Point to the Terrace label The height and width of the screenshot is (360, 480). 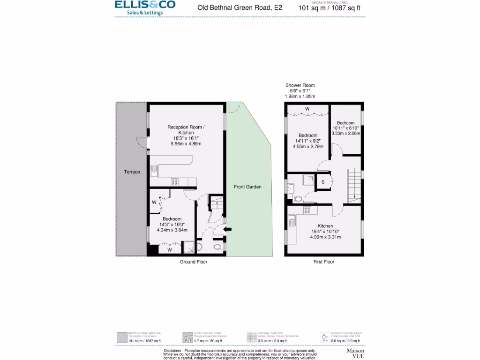pos(132,172)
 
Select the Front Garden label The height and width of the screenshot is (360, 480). pos(247,187)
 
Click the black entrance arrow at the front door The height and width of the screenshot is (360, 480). pos(228,229)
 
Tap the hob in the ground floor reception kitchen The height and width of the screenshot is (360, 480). pos(175,182)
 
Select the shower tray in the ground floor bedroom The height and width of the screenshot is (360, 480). pos(188,247)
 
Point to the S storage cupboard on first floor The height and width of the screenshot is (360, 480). pos(323,181)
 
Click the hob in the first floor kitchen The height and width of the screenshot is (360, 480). pos(307,210)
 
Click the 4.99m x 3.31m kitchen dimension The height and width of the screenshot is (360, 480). pos(325,237)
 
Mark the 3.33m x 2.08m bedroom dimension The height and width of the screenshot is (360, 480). pos(345,134)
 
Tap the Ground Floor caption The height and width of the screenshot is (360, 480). pos(194,262)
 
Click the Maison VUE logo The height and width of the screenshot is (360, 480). pos(355,353)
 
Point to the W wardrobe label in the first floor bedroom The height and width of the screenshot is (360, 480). pos(307,109)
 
